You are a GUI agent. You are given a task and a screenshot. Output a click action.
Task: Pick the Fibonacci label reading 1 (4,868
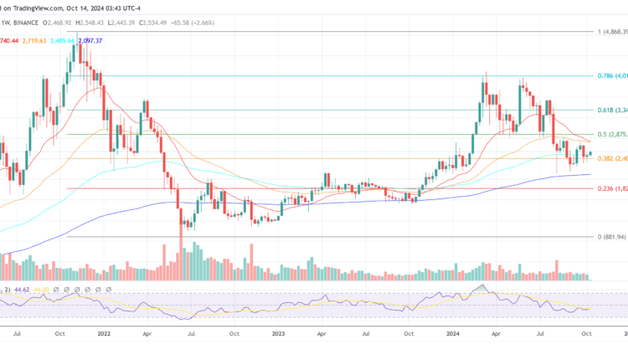pyautogui.click(x=612, y=32)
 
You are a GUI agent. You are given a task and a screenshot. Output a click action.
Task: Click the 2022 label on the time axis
pyautogui.click(x=103, y=332)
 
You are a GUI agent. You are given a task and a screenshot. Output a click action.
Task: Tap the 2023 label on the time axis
pyautogui.click(x=278, y=332)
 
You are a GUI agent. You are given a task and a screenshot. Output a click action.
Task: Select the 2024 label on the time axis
pyautogui.click(x=453, y=332)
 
